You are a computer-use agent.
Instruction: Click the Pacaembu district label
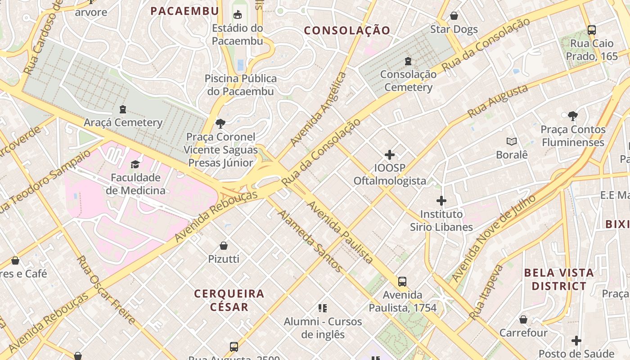coord(184,11)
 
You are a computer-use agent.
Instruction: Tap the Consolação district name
coord(347,31)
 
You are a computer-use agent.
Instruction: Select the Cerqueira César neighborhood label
coord(229,300)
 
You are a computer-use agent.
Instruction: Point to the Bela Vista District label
coord(559,279)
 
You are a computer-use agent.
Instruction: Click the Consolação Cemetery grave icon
coord(408,61)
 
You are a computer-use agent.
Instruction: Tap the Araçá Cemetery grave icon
coord(122,109)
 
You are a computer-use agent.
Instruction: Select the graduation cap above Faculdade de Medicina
coord(135,164)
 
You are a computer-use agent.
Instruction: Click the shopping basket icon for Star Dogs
coord(454,16)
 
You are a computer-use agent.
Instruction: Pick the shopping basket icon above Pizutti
coord(223,246)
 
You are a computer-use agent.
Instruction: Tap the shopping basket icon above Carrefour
coord(523,319)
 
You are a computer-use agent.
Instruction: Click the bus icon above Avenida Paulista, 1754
coord(402,282)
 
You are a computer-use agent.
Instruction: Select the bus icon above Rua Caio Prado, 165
coord(592,30)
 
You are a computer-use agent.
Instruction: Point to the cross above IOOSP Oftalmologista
coord(390,155)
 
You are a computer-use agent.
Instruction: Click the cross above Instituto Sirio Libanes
coord(441,201)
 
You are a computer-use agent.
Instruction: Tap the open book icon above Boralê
coord(512,142)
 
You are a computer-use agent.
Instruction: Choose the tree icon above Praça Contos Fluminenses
coord(572,117)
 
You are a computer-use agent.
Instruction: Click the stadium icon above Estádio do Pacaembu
coord(237,15)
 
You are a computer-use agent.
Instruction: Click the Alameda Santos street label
coord(310,241)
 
